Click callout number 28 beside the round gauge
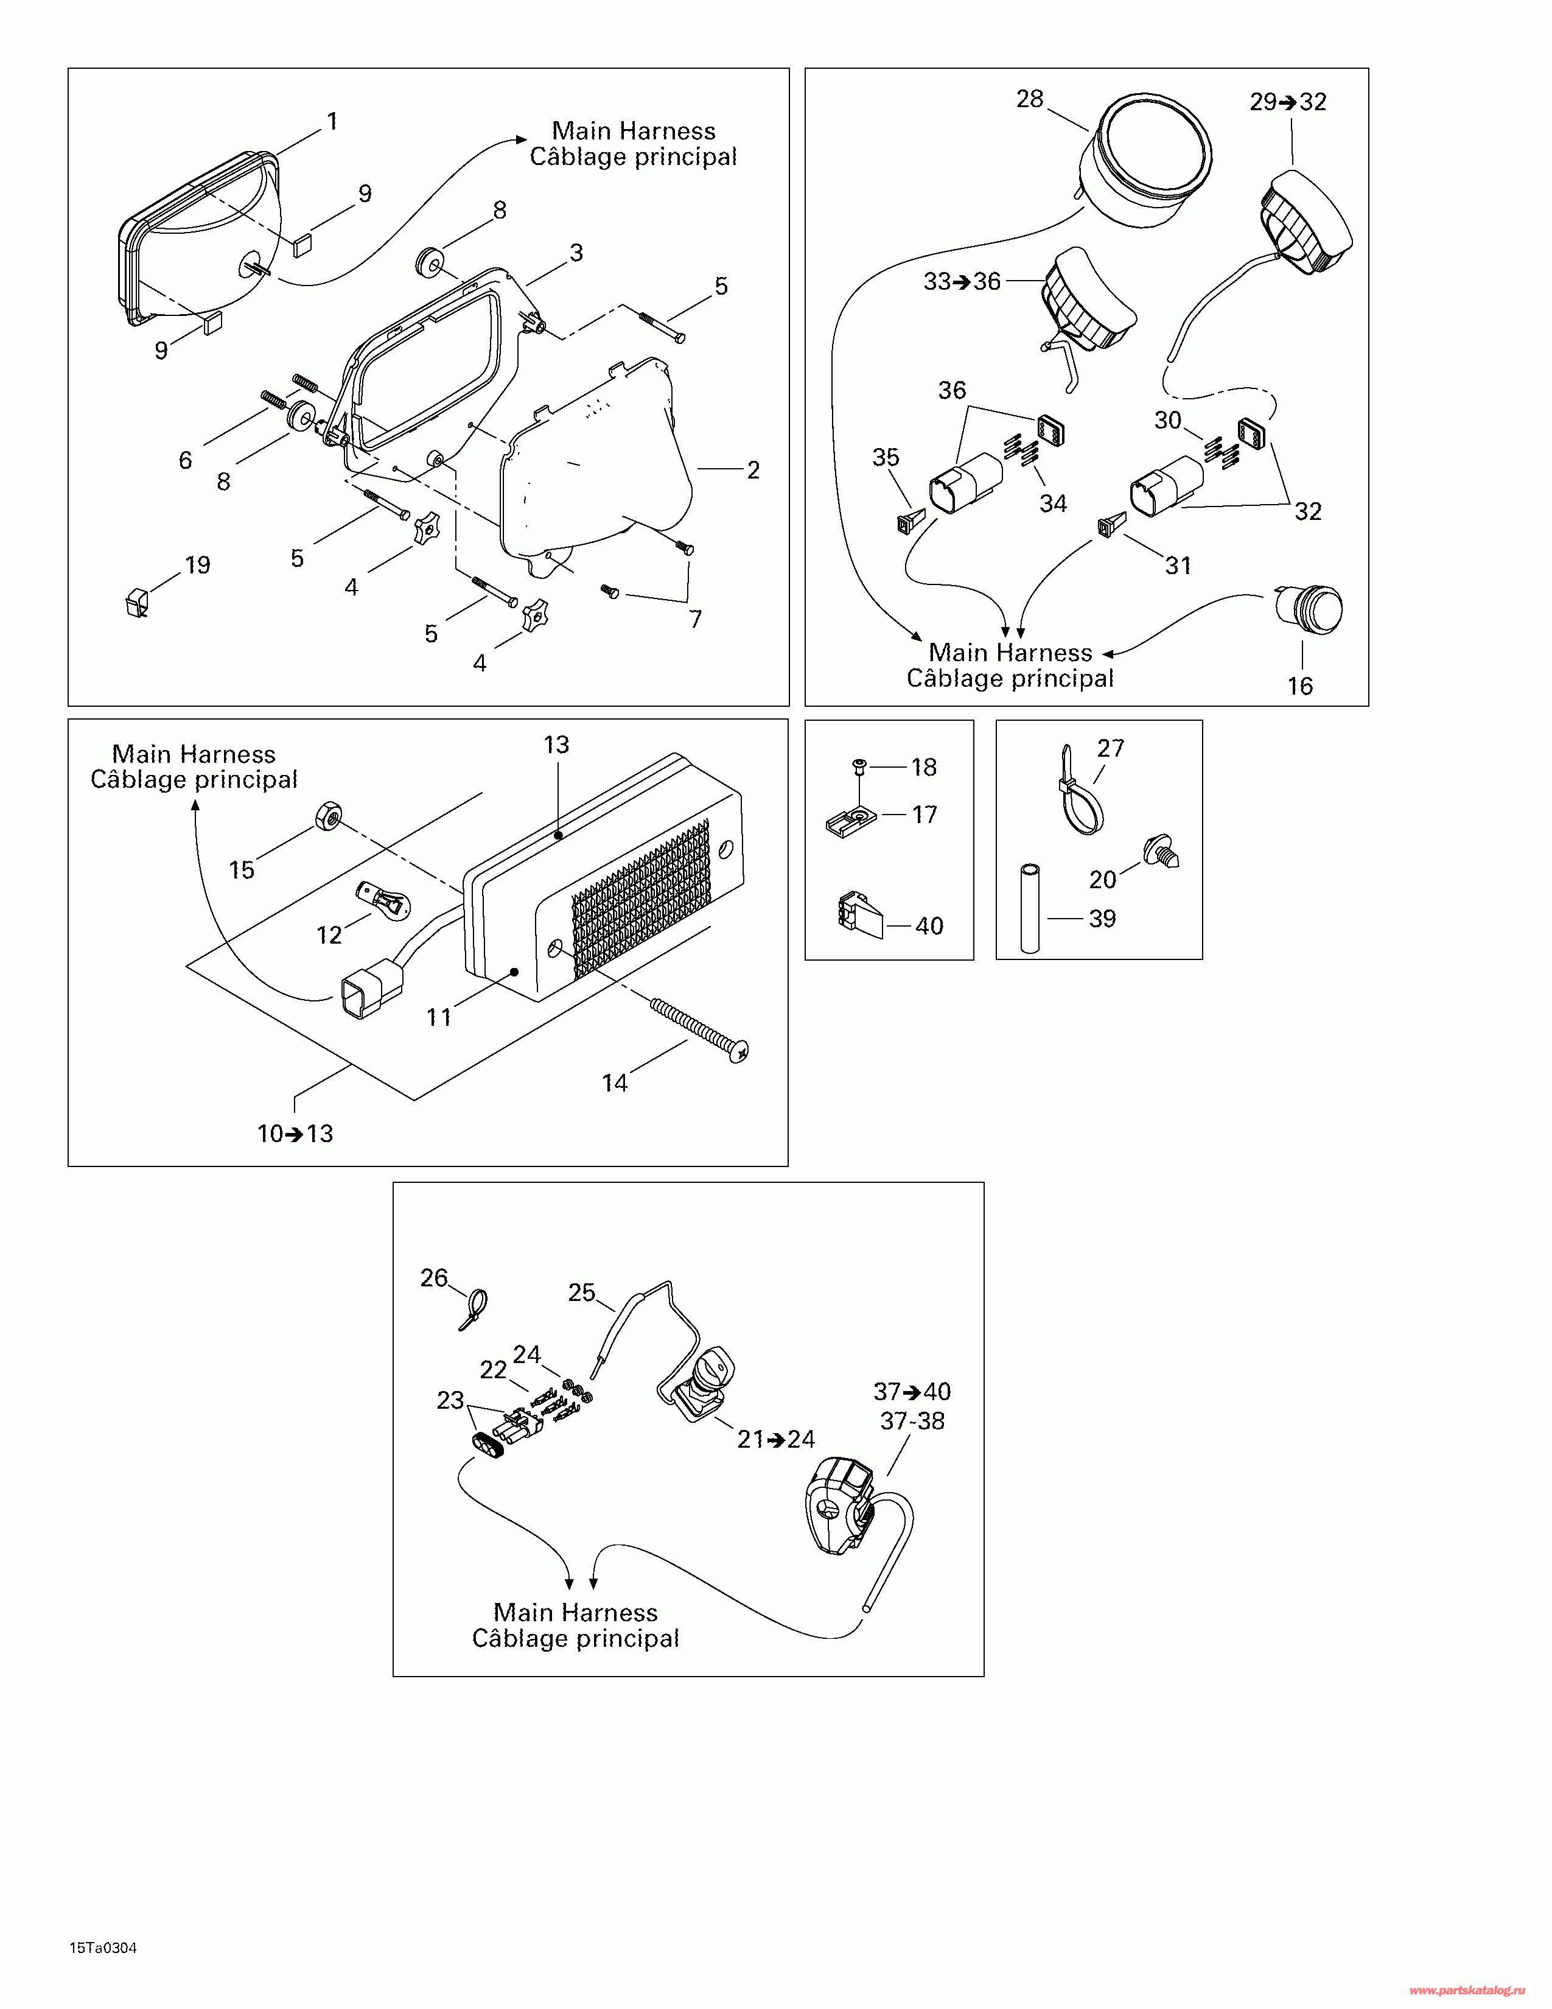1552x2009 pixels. (x=1030, y=99)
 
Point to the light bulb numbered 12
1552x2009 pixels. (x=382, y=900)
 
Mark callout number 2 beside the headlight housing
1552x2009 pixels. (x=753, y=470)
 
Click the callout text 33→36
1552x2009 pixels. (x=962, y=281)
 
